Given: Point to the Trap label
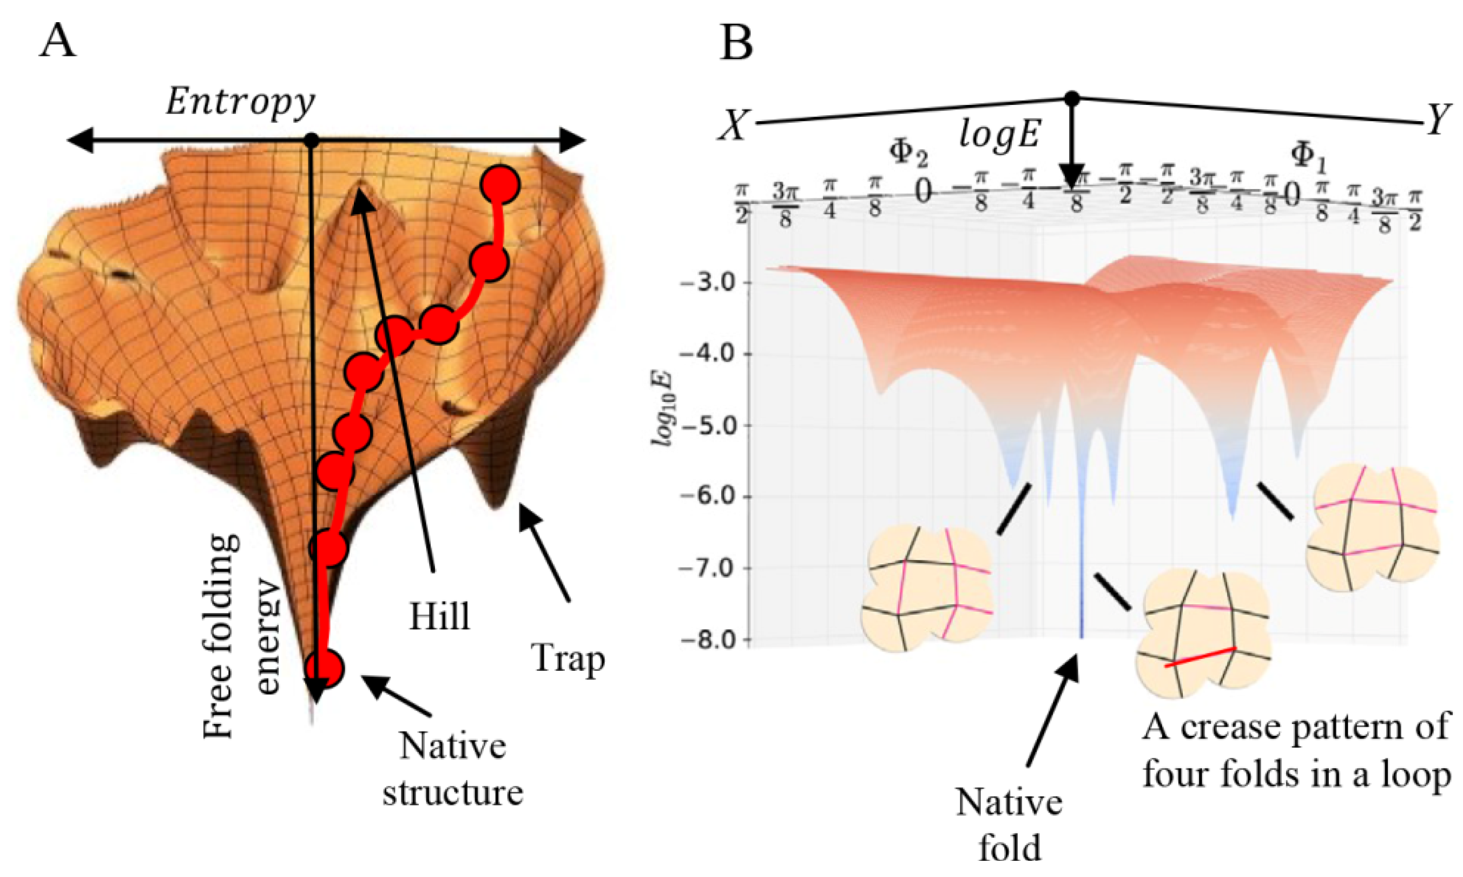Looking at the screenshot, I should coord(569,658).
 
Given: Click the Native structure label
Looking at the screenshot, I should coord(453,768).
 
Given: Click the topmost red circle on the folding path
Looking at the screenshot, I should coord(500,186).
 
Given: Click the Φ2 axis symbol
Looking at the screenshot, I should coord(908,154).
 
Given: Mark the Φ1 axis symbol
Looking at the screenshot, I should coord(1309,156).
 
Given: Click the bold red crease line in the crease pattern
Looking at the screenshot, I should coord(1200,657).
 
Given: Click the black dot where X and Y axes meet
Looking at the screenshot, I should coord(1071,98).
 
